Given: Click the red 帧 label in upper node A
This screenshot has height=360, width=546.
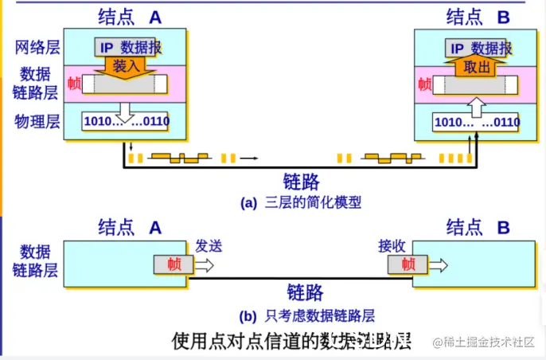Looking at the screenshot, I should point(75,84).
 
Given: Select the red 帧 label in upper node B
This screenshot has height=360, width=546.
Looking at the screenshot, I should point(425,84).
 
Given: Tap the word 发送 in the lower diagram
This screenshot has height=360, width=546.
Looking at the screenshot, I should point(209,246).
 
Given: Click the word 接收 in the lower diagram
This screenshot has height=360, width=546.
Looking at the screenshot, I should point(392,246).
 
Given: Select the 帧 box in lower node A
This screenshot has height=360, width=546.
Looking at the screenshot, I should point(174,265).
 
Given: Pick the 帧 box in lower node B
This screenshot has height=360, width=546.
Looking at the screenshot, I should point(408,265).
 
